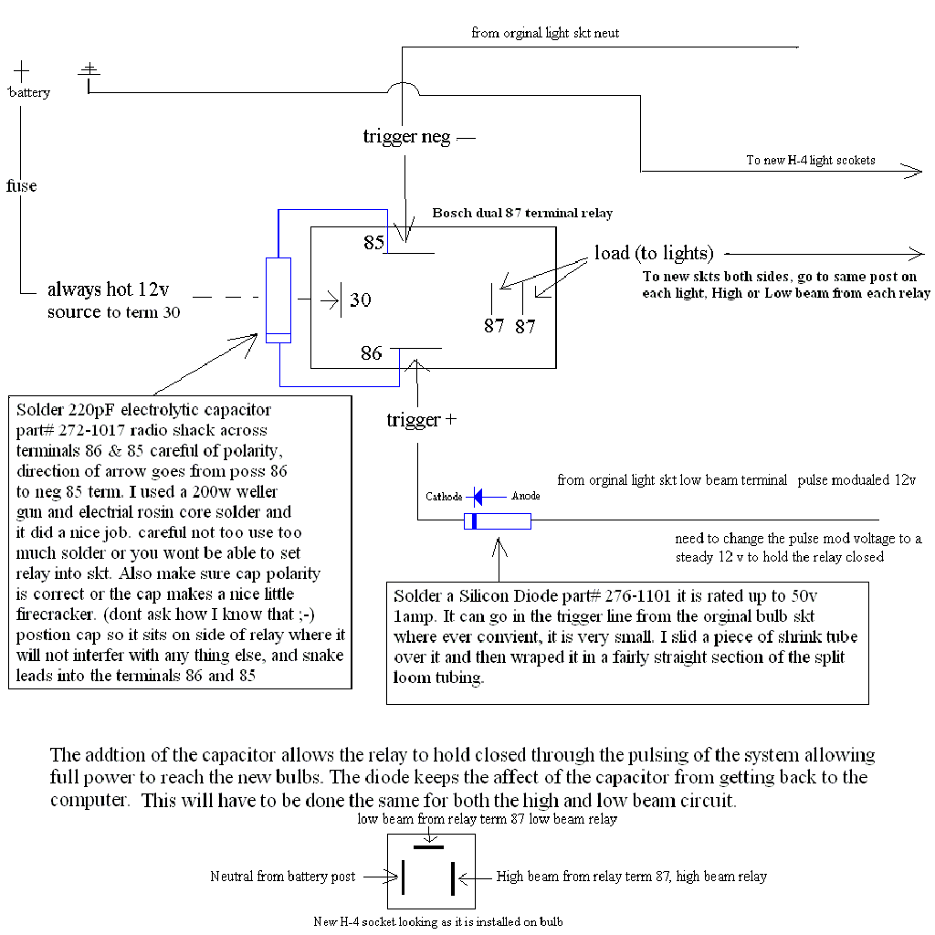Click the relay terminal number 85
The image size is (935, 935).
[x=373, y=243]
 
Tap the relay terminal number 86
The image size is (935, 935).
[x=371, y=352]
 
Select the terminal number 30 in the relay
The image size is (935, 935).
[x=361, y=299]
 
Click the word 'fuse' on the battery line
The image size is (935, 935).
[x=22, y=186]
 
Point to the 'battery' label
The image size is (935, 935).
[x=29, y=92]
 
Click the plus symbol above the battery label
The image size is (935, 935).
[x=21, y=69]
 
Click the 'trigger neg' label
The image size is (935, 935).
[x=407, y=137]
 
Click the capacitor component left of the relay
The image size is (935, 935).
[x=278, y=299]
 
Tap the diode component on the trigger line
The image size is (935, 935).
[x=498, y=521]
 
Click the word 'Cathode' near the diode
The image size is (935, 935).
[x=446, y=497]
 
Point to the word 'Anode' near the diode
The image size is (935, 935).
[x=525, y=497]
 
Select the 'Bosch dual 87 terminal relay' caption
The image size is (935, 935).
[x=522, y=213]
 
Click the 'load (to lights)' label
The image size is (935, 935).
[x=654, y=253]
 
